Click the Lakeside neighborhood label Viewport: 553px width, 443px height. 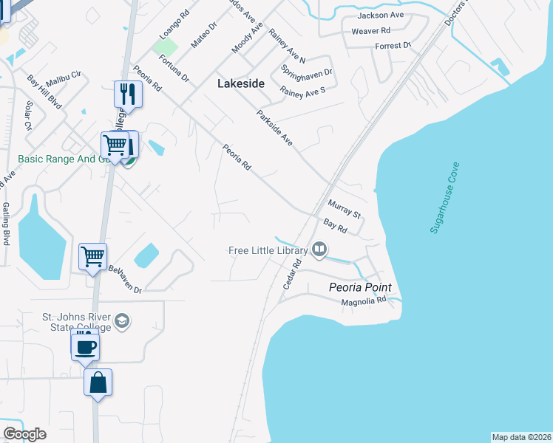point(240,83)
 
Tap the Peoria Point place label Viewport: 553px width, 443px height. point(360,287)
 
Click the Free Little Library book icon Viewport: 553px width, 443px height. point(319,250)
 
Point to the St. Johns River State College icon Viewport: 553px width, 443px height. point(122,321)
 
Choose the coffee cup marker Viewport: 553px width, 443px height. point(85,345)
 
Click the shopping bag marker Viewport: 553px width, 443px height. point(98,382)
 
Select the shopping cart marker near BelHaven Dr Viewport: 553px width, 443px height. point(93,257)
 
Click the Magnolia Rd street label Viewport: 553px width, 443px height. point(364,301)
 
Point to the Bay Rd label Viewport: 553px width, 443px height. point(336,226)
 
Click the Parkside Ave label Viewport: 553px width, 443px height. point(274,128)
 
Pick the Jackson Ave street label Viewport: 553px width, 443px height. point(380,15)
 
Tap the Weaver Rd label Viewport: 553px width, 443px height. point(370,30)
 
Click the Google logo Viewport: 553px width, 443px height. point(24,434)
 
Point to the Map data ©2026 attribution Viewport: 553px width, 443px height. point(522,437)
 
